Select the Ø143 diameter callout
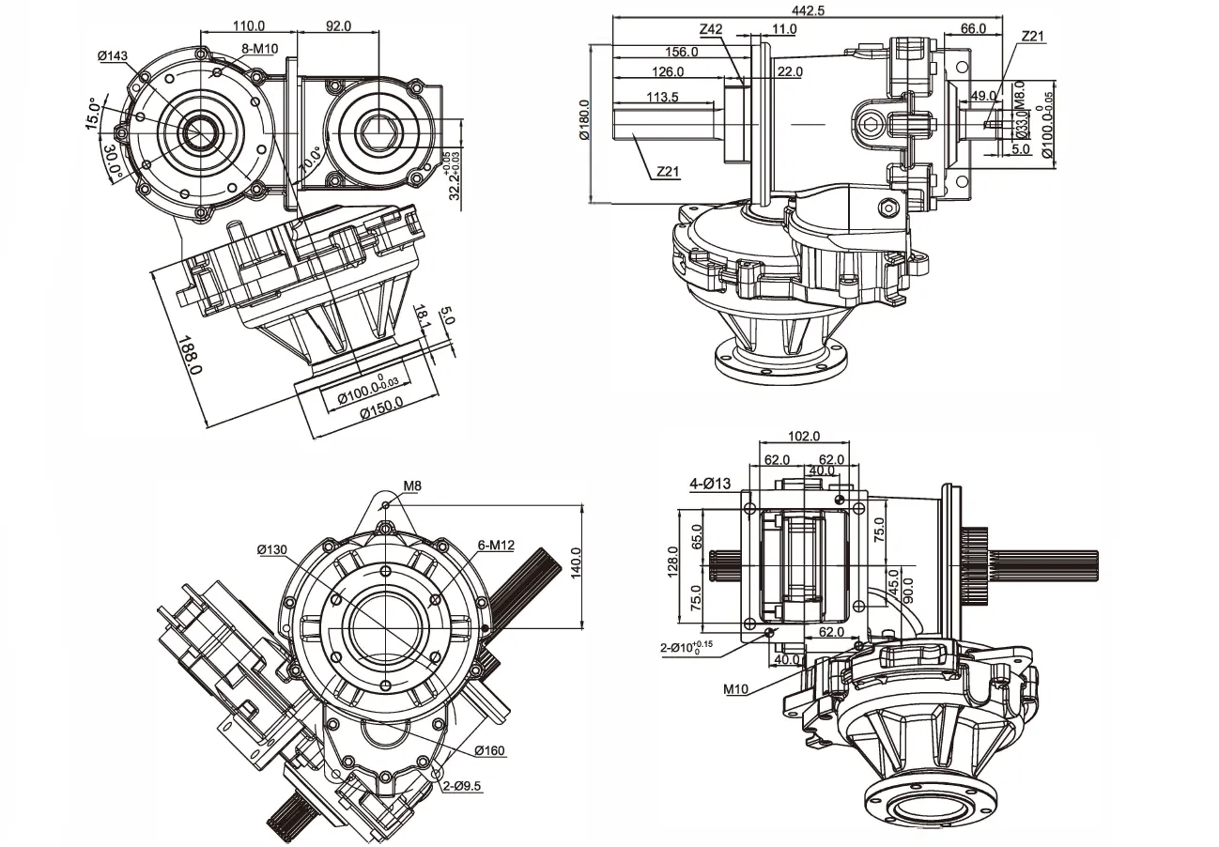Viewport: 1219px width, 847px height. tap(113, 56)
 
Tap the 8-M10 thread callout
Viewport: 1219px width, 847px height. tap(260, 48)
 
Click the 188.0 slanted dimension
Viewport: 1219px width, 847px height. tap(191, 355)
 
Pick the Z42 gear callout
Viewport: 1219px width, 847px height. tap(711, 29)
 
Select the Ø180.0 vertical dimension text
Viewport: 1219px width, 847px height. tap(583, 120)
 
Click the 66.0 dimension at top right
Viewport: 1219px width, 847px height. tap(972, 28)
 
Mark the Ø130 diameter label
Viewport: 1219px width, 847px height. tap(274, 548)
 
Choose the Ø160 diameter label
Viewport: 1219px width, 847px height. tap(490, 750)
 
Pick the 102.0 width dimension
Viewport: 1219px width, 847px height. tap(804, 436)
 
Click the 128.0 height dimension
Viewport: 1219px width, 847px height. tap(672, 563)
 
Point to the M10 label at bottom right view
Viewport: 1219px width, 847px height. tap(736, 688)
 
